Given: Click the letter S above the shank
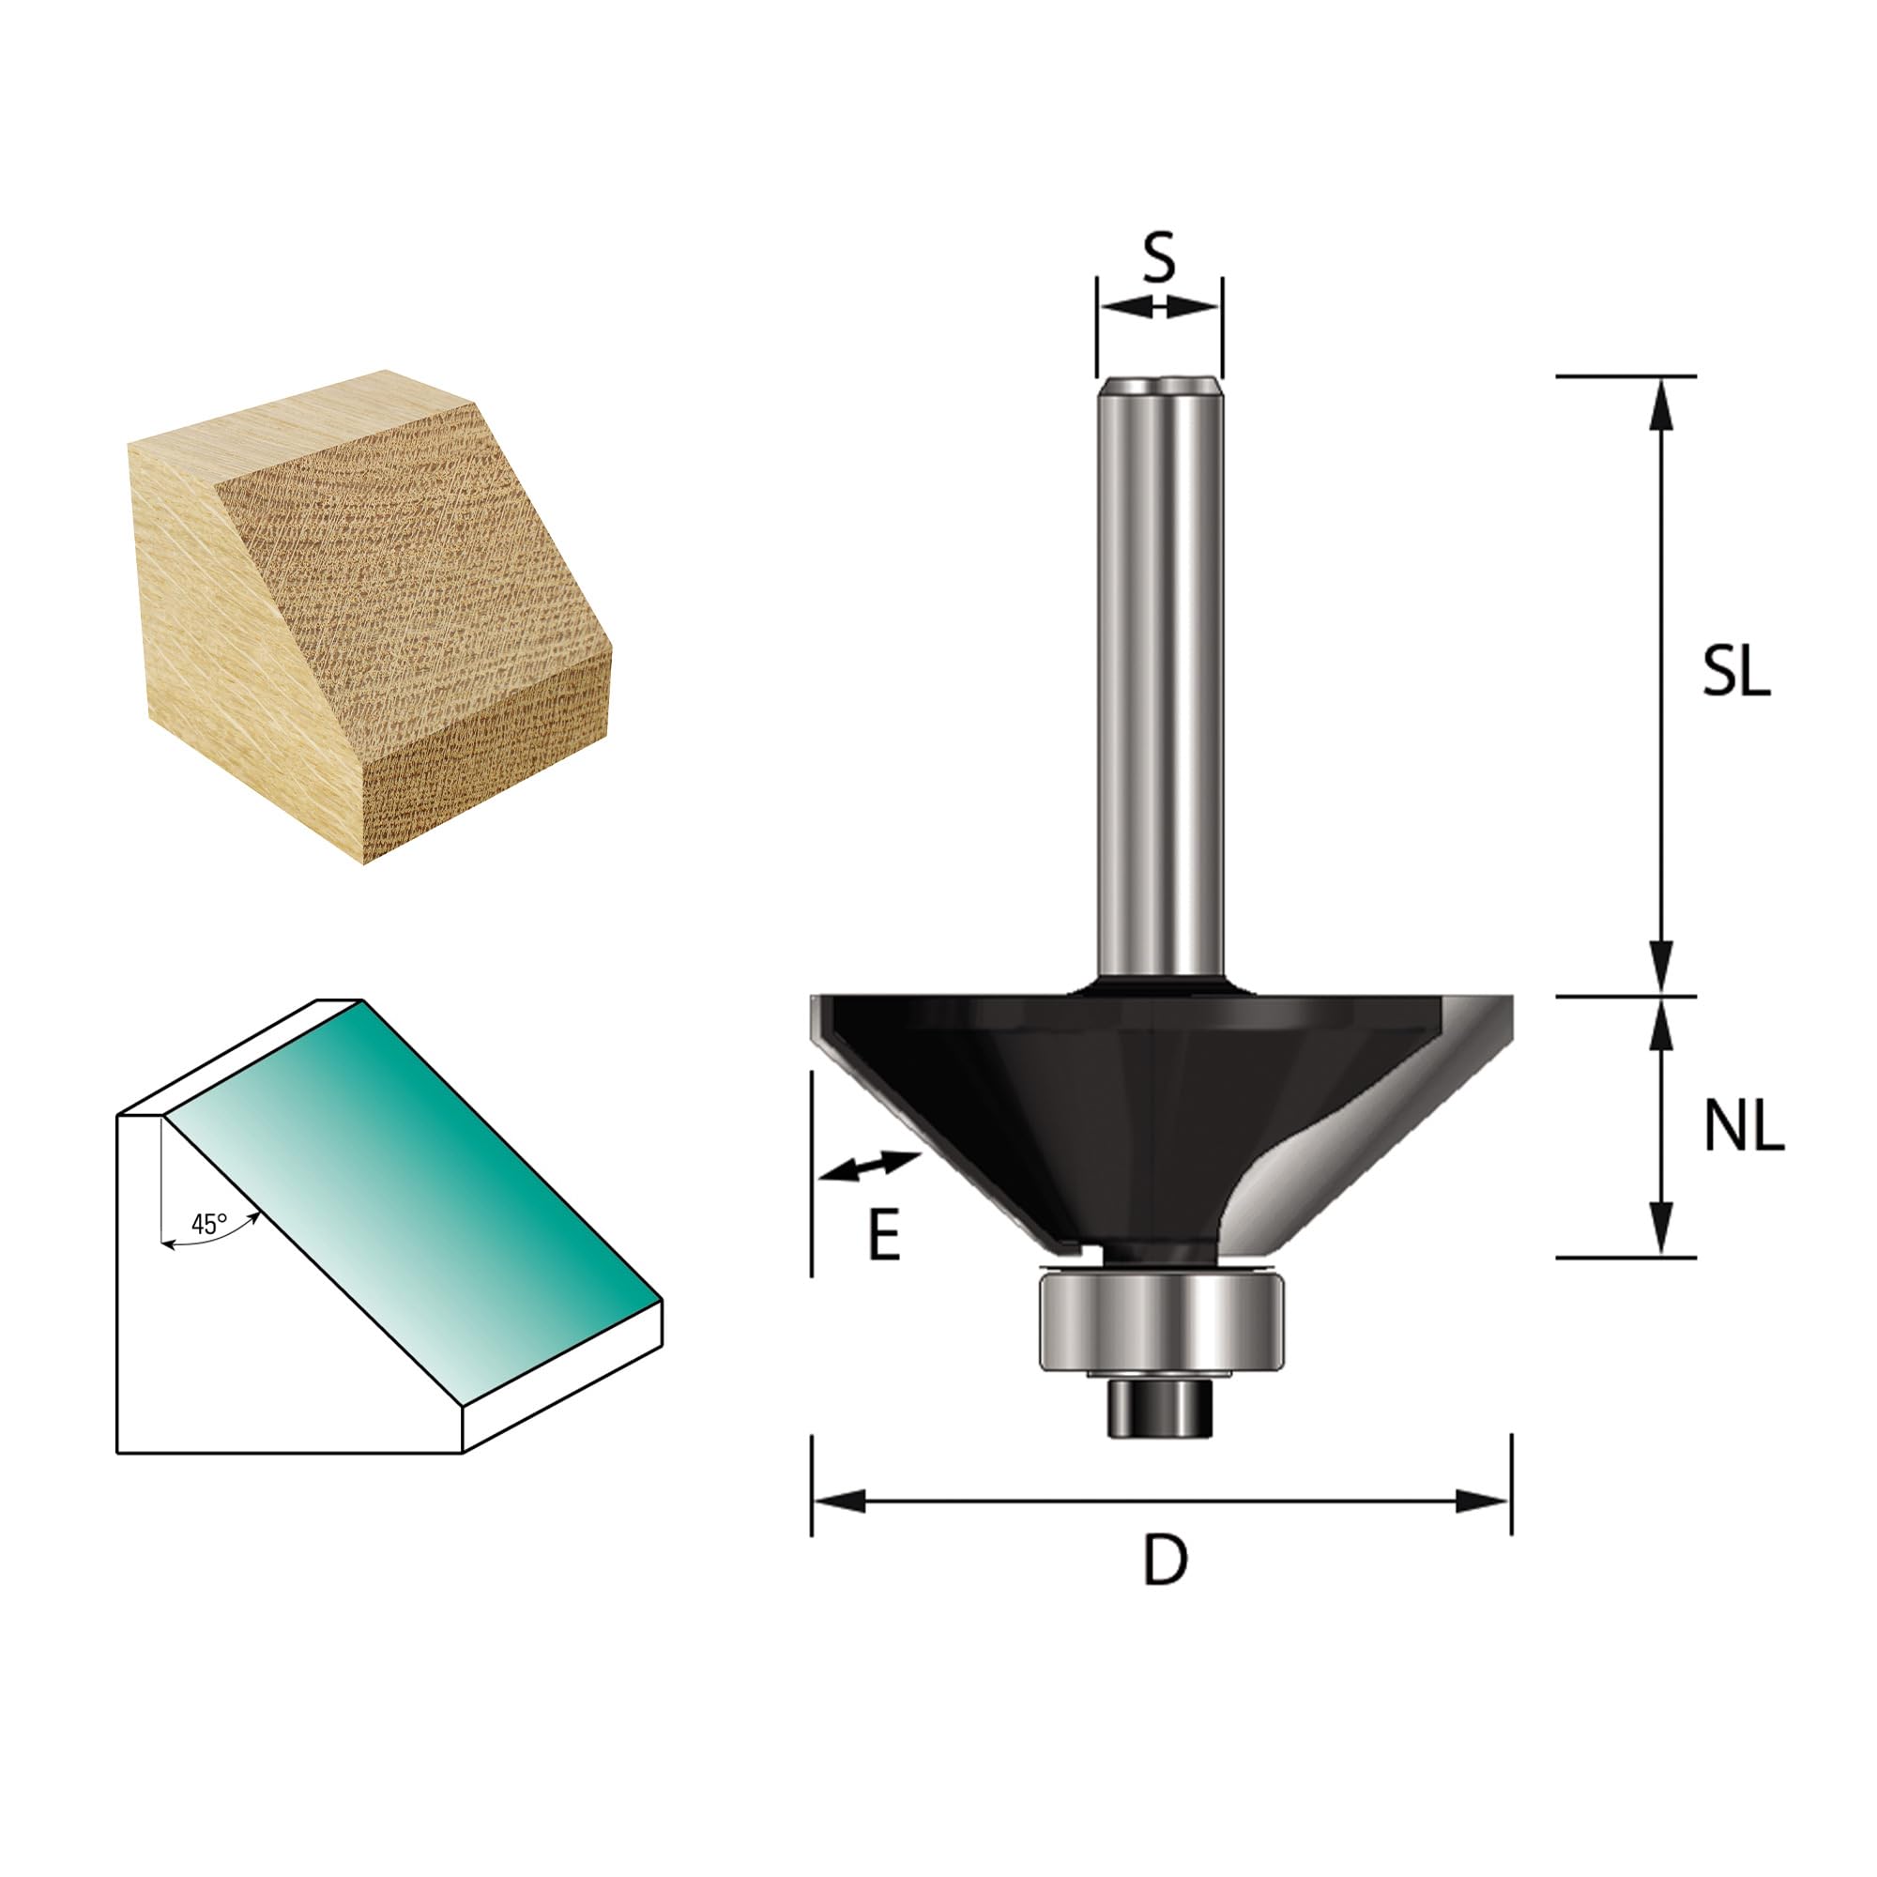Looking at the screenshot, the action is pyautogui.click(x=1158, y=256).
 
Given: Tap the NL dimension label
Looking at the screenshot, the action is pyautogui.click(x=1744, y=1128).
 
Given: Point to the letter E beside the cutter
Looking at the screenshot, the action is pyautogui.click(x=884, y=1237).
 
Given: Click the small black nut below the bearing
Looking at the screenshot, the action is pyautogui.click(x=1161, y=1407).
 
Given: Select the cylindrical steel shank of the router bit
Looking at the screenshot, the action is pyautogui.click(x=1160, y=686).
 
